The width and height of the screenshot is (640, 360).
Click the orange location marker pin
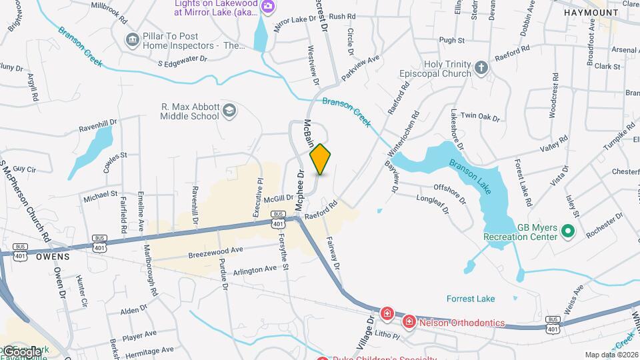point(321,159)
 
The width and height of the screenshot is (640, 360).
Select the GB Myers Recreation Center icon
point(568,231)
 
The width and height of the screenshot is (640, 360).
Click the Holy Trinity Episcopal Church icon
point(481,67)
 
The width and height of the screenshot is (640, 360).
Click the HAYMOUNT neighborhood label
point(591,13)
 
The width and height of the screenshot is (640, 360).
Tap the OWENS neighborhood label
point(52,255)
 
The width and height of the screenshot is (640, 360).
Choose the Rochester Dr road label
point(605,225)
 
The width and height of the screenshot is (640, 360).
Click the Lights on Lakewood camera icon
point(268,7)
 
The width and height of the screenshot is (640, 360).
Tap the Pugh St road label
point(452,40)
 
